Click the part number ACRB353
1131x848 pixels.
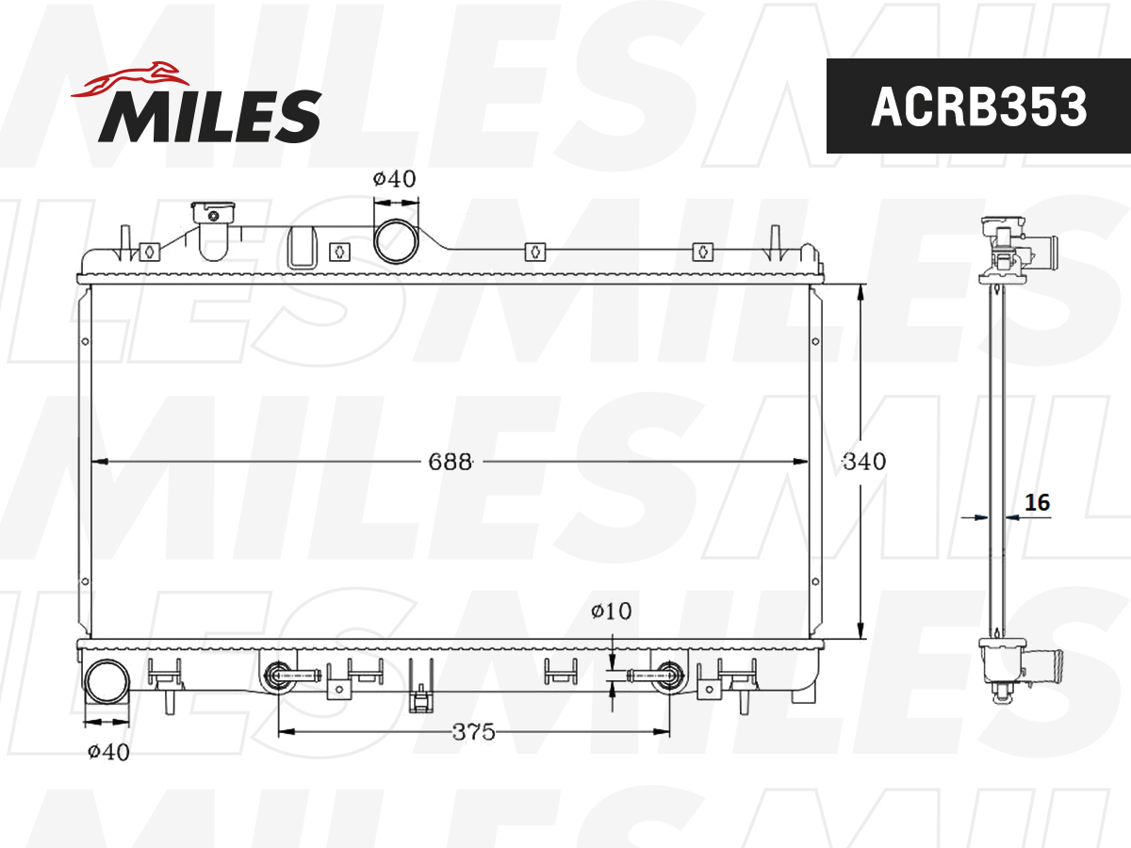[x=978, y=106]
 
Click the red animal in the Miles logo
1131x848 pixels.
[x=130, y=79]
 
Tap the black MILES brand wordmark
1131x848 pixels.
[x=210, y=116]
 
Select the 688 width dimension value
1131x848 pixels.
[x=450, y=462]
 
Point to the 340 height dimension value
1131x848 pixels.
[x=864, y=462]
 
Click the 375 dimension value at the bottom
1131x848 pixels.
[x=473, y=732]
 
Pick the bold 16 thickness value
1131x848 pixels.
[x=1037, y=502]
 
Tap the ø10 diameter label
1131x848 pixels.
[x=611, y=612]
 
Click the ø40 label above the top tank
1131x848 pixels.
[x=394, y=179]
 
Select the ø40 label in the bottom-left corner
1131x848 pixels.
[x=108, y=752]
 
